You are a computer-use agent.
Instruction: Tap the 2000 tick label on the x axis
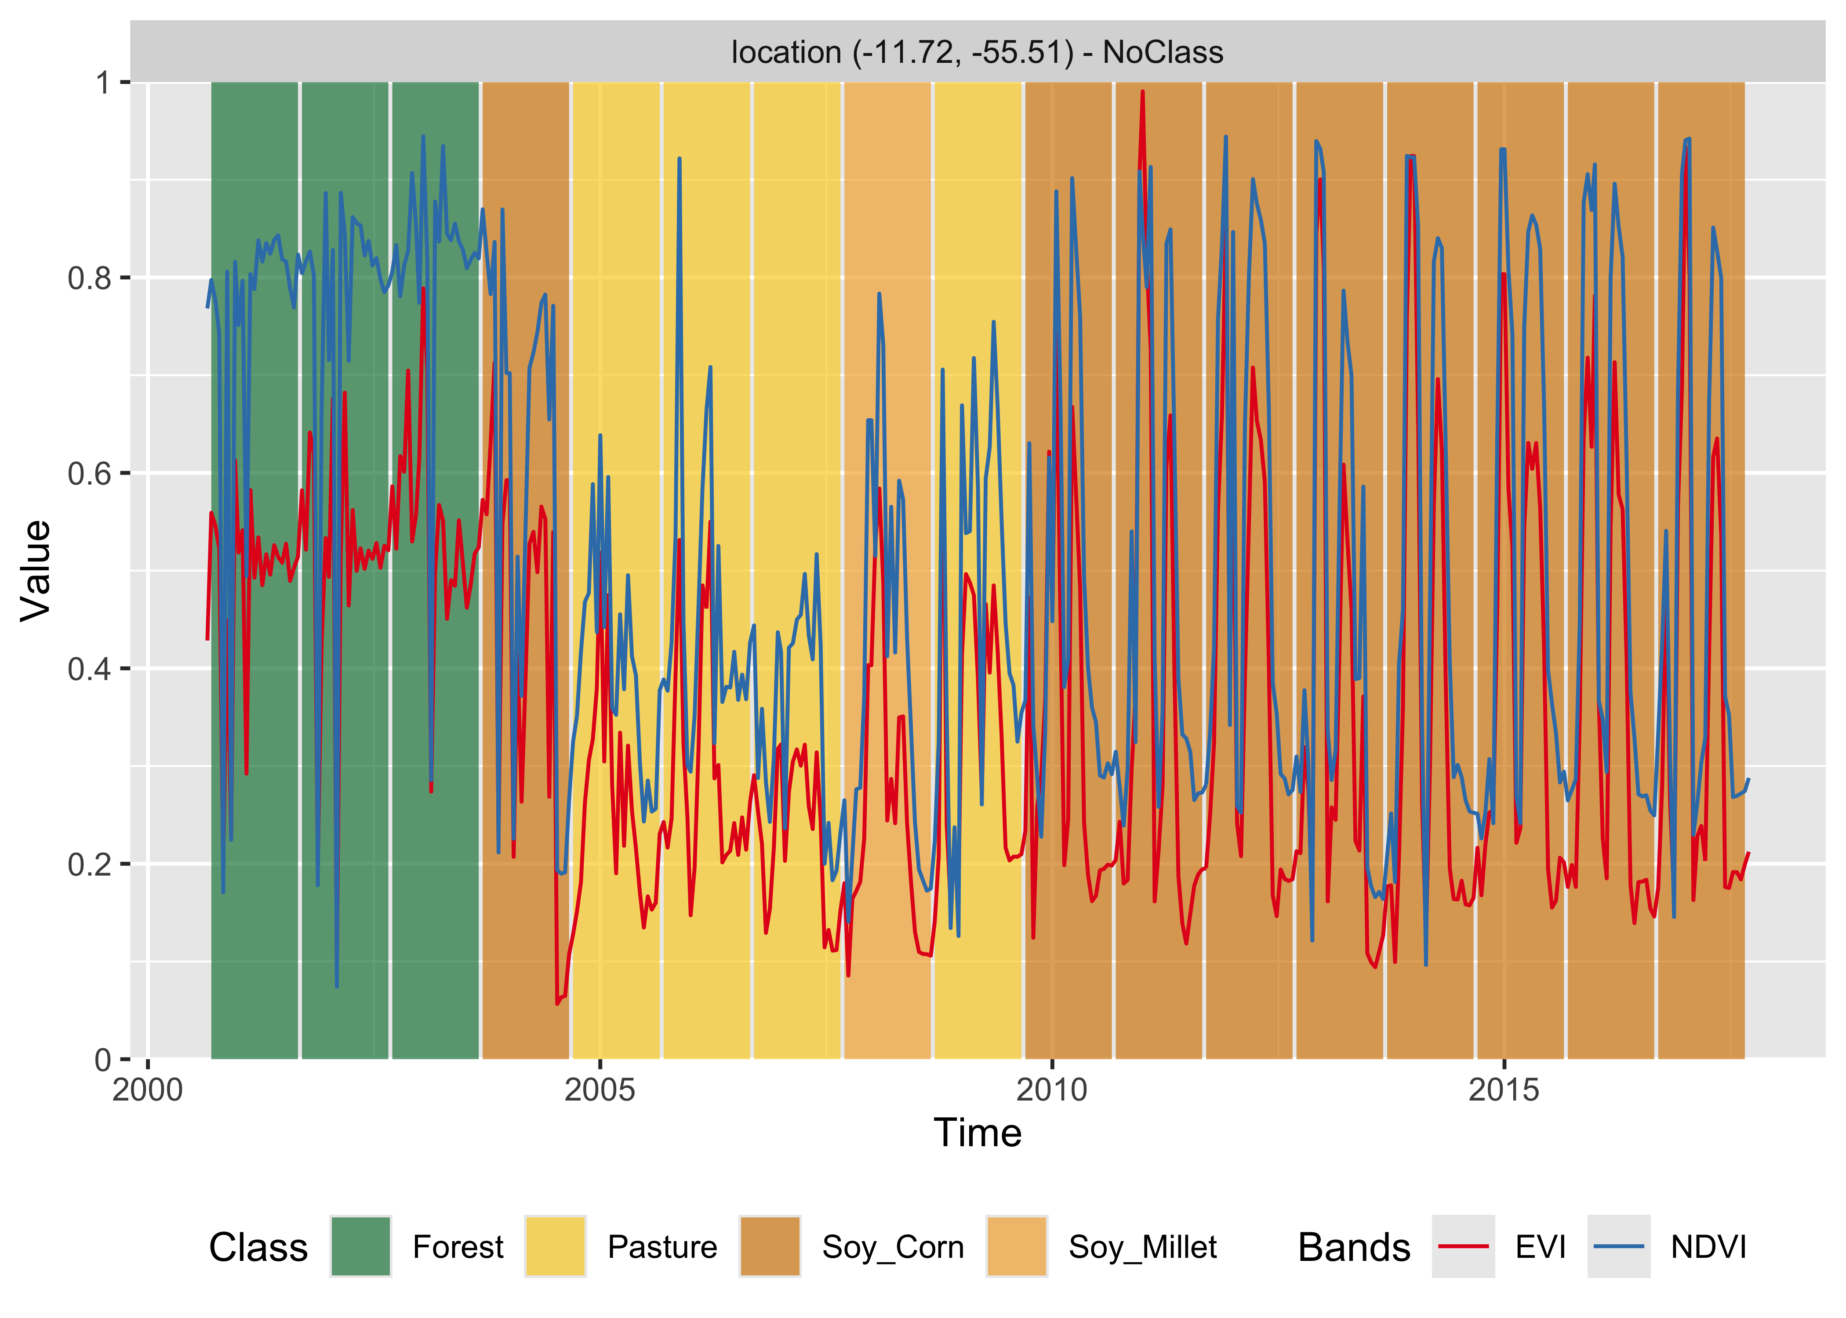148,1090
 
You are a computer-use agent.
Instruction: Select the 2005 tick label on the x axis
600,1090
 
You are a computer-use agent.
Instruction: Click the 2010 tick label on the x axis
1052,1090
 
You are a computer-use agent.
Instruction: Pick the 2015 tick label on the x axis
1504,1090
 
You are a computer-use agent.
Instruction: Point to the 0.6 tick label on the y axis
89,473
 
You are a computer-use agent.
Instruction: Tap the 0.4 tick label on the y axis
89,669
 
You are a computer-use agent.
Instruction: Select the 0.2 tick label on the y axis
89,864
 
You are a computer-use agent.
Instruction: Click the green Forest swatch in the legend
360,1246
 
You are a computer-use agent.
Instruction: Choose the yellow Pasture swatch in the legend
555,1246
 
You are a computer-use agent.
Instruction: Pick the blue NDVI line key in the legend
1619,1246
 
